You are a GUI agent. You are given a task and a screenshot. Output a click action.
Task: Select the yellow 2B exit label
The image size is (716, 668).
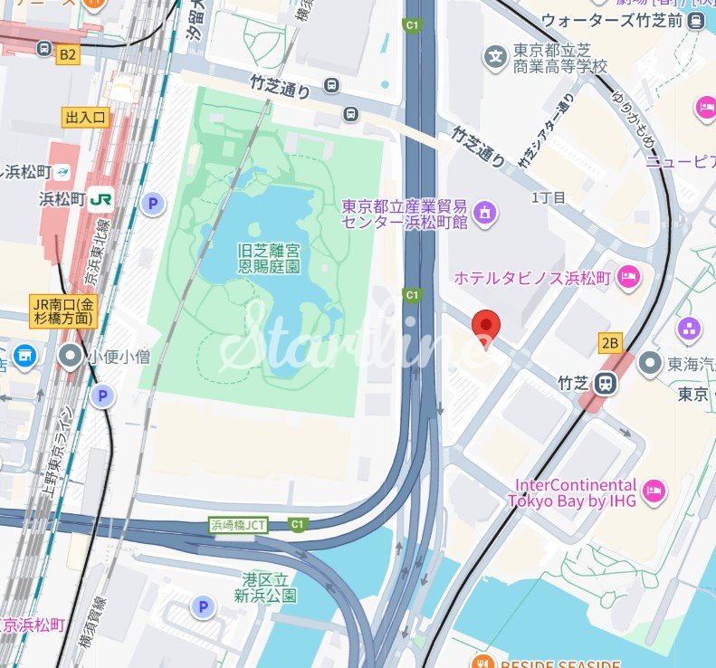coord(611,342)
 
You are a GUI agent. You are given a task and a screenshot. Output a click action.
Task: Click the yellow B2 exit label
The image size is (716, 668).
coord(67,54)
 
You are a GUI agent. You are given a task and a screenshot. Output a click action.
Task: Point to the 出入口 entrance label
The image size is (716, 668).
coord(86,117)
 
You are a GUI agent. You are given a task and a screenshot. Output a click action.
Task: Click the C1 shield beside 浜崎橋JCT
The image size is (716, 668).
coord(296,525)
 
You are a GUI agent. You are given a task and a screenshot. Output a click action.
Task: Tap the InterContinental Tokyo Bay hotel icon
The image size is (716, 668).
coord(655,493)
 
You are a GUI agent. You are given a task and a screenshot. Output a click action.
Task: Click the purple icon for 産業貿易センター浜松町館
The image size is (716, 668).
coord(484,215)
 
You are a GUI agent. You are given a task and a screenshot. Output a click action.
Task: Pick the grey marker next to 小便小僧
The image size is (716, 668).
coord(69,357)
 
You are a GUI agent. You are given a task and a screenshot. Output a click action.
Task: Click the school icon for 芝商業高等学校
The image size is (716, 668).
coord(495,57)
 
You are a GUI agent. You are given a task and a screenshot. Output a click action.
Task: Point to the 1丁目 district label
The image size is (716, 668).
coord(548,197)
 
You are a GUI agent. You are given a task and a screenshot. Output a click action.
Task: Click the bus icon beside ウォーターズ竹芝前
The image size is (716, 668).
coord(695,20)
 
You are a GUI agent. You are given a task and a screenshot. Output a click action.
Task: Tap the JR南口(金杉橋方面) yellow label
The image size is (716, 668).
coord(62,310)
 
